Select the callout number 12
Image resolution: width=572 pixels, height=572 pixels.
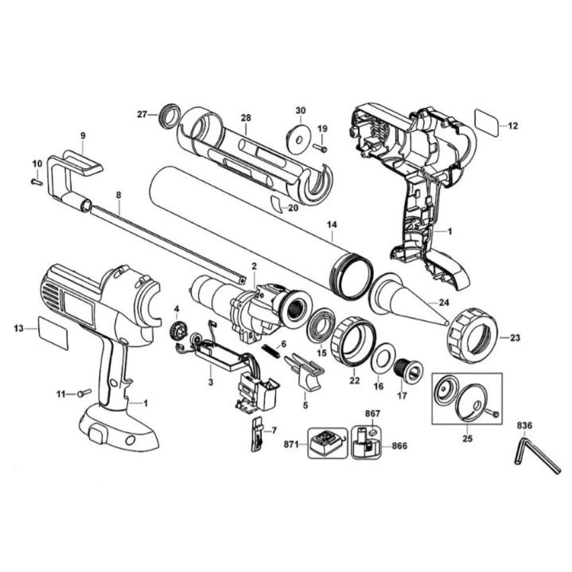tap(513, 126)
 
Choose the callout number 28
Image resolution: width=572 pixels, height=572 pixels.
tap(246, 117)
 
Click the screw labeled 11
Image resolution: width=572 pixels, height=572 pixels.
tap(85, 393)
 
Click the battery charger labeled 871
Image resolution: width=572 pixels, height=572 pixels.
tap(327, 443)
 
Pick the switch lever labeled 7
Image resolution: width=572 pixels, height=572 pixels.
tap(257, 435)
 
